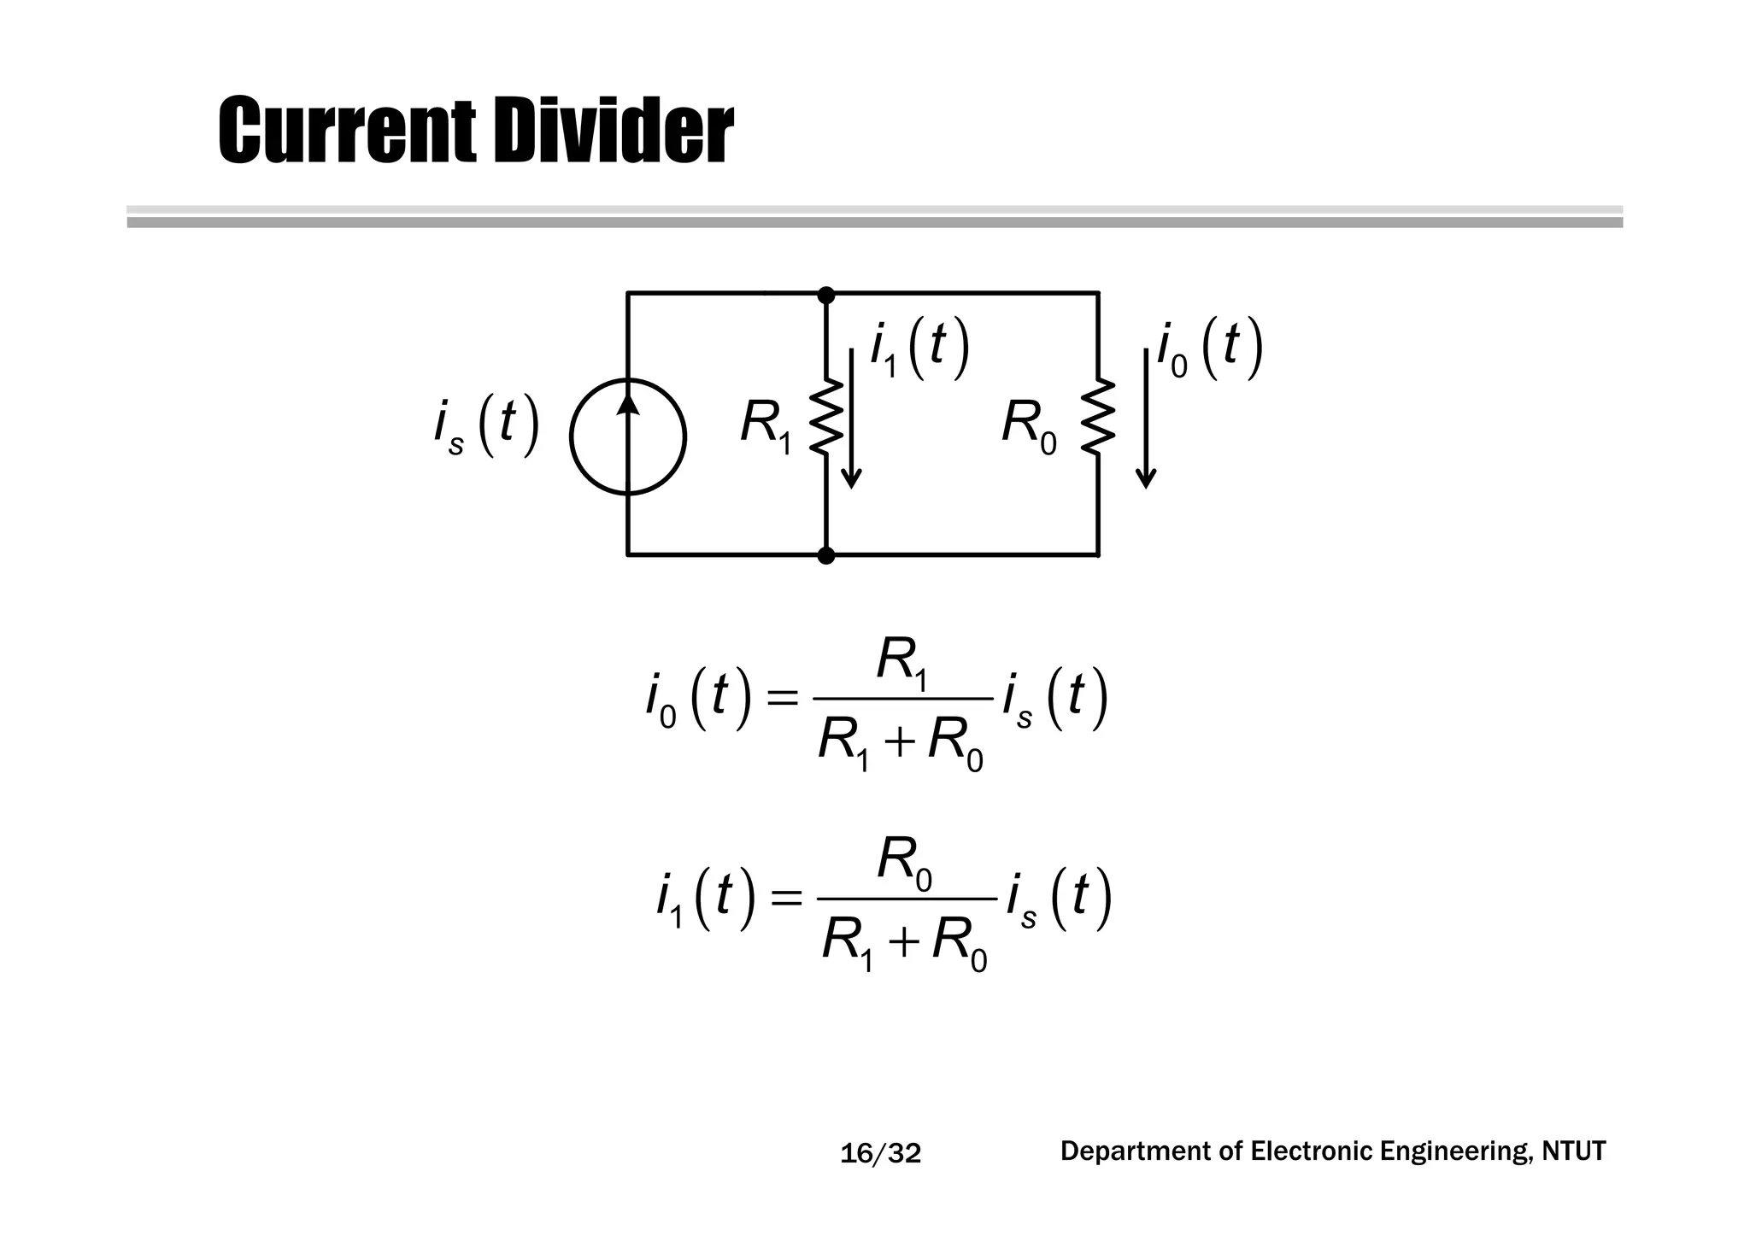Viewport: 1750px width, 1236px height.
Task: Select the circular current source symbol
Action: [628, 436]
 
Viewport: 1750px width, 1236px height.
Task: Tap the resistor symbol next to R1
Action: [827, 419]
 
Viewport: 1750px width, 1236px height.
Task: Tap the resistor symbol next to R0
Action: [1098, 419]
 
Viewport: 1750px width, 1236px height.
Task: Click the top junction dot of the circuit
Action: [826, 296]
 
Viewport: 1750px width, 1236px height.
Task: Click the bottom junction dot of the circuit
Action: [826, 556]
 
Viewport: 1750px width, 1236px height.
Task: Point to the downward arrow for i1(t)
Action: [851, 419]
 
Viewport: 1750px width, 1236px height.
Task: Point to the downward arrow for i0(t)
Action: [1146, 419]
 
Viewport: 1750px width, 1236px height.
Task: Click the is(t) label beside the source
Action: [485, 426]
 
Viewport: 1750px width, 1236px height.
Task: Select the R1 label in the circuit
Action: [766, 425]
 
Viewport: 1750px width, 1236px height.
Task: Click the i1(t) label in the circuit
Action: [919, 349]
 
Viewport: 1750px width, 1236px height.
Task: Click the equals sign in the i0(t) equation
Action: [781, 700]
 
